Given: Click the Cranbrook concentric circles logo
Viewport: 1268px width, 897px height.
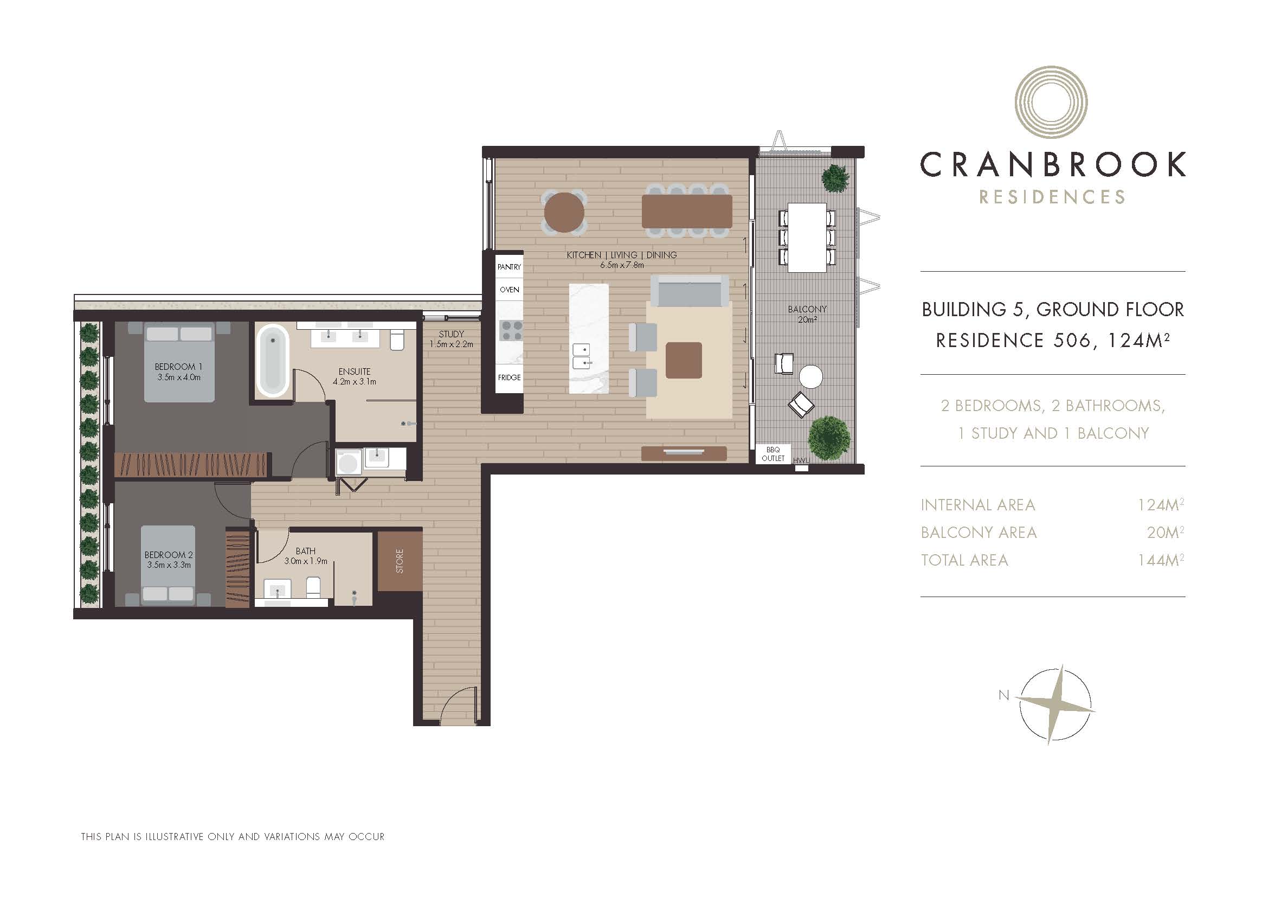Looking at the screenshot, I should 1051,102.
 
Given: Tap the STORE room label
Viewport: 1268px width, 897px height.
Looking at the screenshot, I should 400,561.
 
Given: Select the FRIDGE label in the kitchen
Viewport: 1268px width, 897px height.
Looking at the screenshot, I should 509,377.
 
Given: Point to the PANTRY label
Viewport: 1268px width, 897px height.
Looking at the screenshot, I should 509,267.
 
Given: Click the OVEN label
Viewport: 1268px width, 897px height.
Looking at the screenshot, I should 509,290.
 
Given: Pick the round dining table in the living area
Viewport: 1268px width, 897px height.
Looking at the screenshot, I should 564,212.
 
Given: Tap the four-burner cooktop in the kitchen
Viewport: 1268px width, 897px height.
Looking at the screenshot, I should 511,330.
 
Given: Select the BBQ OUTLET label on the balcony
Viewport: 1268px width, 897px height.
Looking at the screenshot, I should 773,454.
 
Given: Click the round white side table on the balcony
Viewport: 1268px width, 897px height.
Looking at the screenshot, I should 810,377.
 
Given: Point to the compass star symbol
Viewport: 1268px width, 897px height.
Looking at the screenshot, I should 1055,705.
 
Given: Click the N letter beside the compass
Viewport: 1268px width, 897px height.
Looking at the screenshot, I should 1003,695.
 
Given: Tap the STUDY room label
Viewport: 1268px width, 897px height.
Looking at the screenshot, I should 451,334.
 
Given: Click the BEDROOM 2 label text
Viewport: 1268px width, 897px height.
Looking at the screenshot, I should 169,555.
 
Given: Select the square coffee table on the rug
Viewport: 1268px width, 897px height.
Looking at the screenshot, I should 684,360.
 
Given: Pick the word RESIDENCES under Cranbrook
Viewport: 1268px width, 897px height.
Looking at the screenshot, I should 1052,197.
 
